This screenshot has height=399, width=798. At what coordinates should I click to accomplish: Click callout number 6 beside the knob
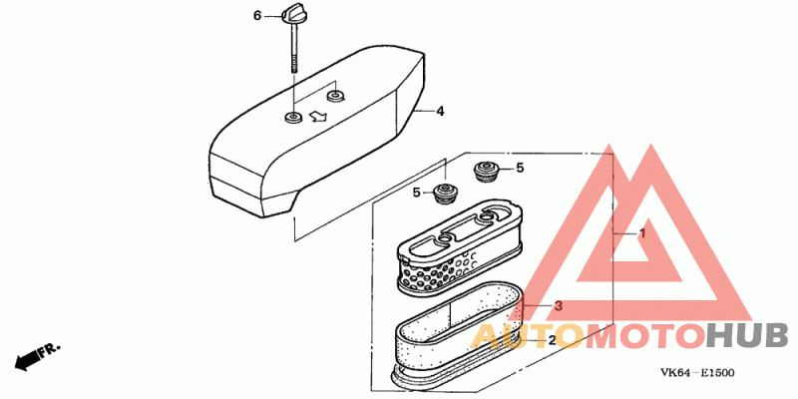(257, 16)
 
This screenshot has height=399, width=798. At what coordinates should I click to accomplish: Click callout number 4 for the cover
(440, 111)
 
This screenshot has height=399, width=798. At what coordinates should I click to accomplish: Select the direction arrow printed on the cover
(318, 117)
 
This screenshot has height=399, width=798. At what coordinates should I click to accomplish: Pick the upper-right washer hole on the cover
(335, 95)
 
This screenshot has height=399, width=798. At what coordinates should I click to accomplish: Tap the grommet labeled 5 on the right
(486, 171)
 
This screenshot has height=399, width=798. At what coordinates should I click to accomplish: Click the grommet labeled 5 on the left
(446, 194)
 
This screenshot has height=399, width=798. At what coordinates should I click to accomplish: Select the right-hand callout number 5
(520, 168)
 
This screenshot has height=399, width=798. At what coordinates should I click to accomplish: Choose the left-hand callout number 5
(417, 193)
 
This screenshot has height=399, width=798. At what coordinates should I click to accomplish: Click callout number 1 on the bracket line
(641, 233)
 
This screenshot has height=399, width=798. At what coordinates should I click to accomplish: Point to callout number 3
(559, 306)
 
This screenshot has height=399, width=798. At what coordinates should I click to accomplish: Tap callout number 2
(552, 340)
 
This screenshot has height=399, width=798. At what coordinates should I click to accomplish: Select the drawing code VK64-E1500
(697, 373)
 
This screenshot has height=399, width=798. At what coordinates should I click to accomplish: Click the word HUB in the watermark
(748, 336)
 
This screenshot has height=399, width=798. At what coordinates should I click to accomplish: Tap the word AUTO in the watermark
(526, 336)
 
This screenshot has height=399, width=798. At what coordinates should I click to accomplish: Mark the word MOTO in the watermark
(644, 336)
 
